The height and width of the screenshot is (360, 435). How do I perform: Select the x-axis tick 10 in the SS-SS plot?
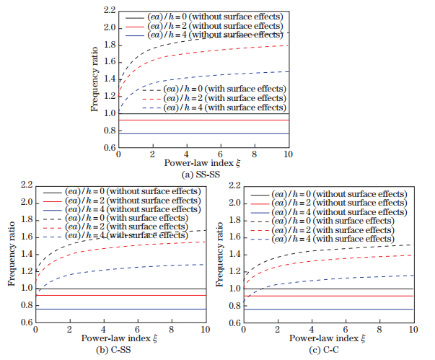pyautogui.click(x=287, y=155)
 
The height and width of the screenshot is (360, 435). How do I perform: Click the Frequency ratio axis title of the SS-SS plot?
pyautogui.click(x=95, y=79)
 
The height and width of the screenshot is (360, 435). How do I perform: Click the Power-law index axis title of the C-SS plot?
pyautogui.click(x=120, y=338)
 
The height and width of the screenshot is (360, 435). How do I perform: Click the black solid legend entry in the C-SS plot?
pyautogui.click(x=119, y=192)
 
